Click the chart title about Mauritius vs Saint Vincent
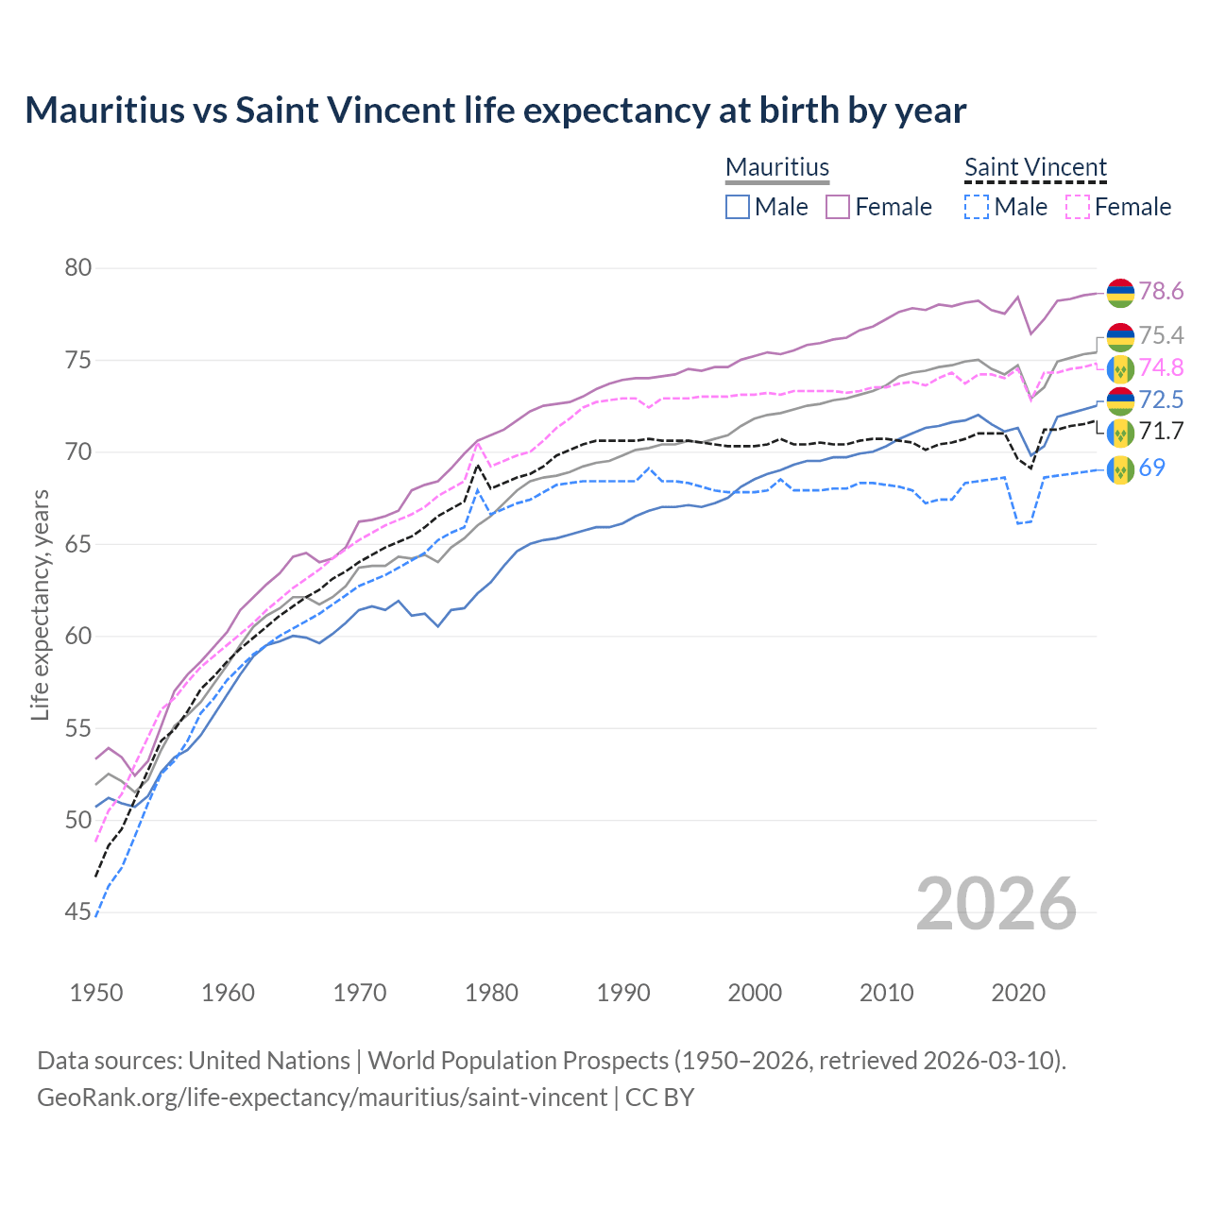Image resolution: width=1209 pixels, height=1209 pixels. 495,111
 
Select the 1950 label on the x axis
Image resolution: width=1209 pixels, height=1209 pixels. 96,993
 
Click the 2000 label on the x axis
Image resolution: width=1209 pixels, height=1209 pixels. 755,993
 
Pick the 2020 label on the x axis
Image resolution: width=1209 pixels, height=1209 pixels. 1018,993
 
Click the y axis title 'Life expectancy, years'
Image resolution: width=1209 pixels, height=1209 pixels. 40,604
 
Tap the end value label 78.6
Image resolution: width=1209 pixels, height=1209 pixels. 1161,292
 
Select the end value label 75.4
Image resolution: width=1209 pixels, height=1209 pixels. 1161,336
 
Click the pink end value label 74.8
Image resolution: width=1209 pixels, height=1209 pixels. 1161,368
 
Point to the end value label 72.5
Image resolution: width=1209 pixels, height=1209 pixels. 1161,400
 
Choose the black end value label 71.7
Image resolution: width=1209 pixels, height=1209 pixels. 1161,432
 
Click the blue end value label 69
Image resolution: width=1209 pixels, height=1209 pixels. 1151,468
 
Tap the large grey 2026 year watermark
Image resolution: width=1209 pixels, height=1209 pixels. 996,904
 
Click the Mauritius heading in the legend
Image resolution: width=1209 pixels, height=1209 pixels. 777,168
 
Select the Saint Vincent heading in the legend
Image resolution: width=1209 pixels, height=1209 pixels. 1035,168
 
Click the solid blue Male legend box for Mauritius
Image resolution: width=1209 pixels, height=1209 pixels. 738,207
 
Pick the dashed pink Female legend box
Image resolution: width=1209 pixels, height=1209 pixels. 1078,207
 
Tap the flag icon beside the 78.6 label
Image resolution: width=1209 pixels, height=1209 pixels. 1120,293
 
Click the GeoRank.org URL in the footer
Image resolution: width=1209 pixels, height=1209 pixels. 321,1098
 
